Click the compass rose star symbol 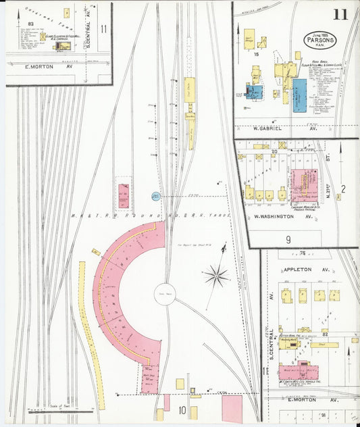click(x=216, y=274)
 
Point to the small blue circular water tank click(x=155, y=197)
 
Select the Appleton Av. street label click(x=297, y=269)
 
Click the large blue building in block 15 click(x=299, y=93)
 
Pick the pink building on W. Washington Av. click(x=303, y=184)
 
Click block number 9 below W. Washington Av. click(x=288, y=238)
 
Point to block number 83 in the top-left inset click(x=30, y=24)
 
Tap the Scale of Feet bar click(x=61, y=409)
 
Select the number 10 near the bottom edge click(x=182, y=409)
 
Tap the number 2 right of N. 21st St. click(x=343, y=189)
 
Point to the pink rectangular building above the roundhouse click(x=124, y=195)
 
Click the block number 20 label click(x=274, y=152)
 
